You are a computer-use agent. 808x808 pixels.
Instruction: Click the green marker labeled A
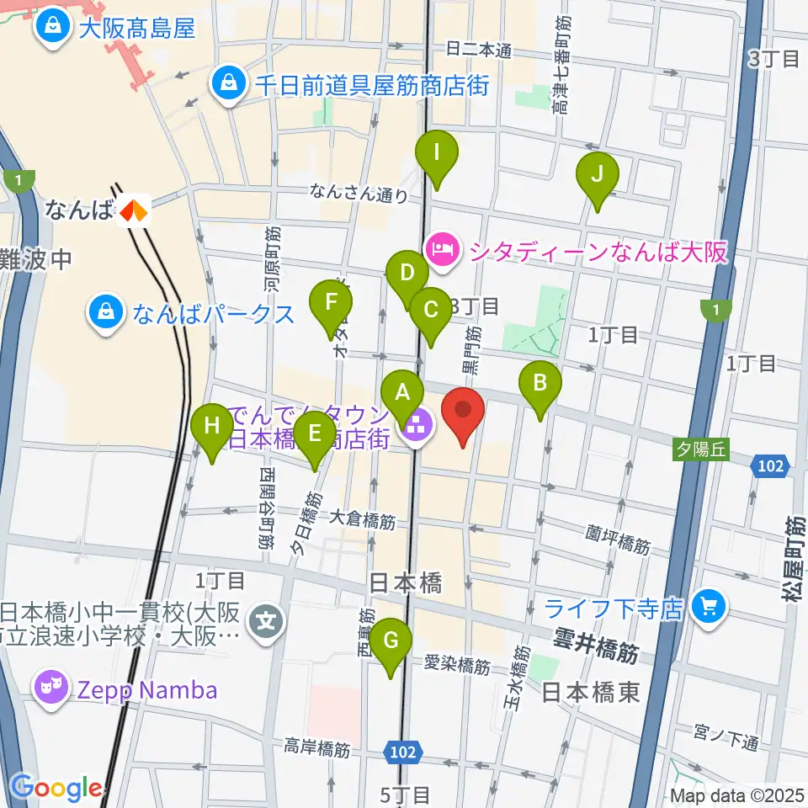pos(402,391)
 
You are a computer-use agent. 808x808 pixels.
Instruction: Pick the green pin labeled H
pos(211,427)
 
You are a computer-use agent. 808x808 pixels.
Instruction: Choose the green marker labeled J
pos(597,175)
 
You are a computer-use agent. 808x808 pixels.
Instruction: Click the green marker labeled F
pos(332,302)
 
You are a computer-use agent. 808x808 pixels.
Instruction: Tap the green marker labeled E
pos(316,433)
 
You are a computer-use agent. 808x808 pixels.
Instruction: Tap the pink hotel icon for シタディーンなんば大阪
pos(442,249)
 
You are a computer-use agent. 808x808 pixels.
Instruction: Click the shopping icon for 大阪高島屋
pos(51,29)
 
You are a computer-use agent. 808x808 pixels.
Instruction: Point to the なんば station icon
pos(133,210)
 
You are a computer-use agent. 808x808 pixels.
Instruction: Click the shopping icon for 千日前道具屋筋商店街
pos(228,83)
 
